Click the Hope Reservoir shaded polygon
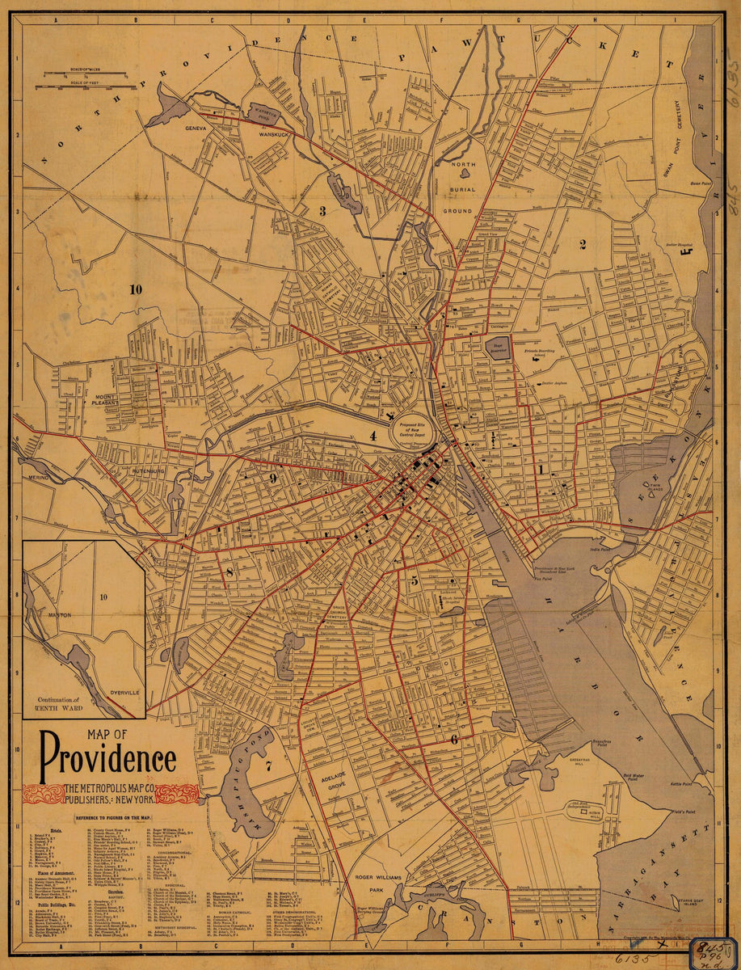coord(499,348)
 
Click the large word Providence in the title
coord(107,757)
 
